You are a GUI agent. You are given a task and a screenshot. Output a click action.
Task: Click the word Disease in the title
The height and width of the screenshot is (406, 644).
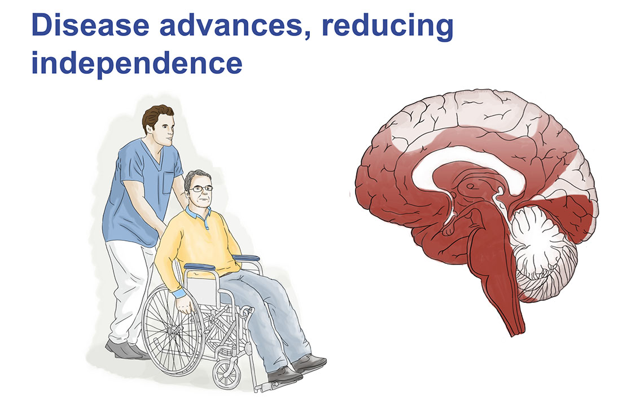(90, 25)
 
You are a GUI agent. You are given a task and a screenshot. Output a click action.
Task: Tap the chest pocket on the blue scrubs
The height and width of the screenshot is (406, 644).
(168, 183)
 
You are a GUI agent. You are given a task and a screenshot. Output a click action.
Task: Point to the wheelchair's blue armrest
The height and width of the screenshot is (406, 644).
(199, 267)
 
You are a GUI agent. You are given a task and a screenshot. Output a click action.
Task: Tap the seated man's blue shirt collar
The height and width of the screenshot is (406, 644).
(199, 214)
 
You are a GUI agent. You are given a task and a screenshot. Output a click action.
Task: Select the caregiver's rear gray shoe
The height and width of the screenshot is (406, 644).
(123, 350)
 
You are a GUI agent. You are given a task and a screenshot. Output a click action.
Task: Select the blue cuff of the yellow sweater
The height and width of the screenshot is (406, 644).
(179, 293)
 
